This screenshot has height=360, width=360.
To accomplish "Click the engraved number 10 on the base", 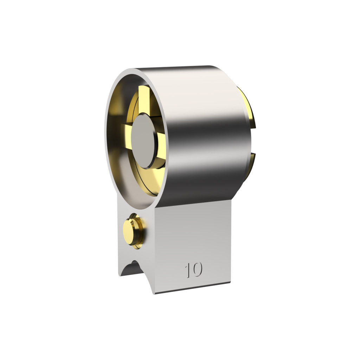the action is click(x=194, y=270).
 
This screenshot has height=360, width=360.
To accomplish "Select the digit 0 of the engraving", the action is click(x=197, y=269).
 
